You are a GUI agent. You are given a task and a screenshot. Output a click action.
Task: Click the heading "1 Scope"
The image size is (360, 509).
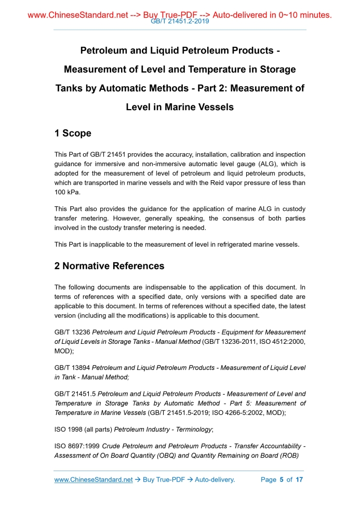click(x=73, y=133)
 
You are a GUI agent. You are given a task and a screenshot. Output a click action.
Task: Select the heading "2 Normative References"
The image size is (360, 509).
click(x=109, y=266)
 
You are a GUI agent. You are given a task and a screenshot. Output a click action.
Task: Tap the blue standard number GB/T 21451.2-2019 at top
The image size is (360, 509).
click(x=180, y=22)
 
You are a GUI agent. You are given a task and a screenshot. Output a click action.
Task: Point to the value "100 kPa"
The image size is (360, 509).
click(x=68, y=192)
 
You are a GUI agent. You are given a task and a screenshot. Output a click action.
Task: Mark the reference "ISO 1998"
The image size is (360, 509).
click(x=70, y=431)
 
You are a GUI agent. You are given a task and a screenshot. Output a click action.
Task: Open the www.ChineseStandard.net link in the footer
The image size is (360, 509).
click(x=94, y=480)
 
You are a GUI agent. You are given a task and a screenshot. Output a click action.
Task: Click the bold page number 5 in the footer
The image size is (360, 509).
click(x=281, y=480)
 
